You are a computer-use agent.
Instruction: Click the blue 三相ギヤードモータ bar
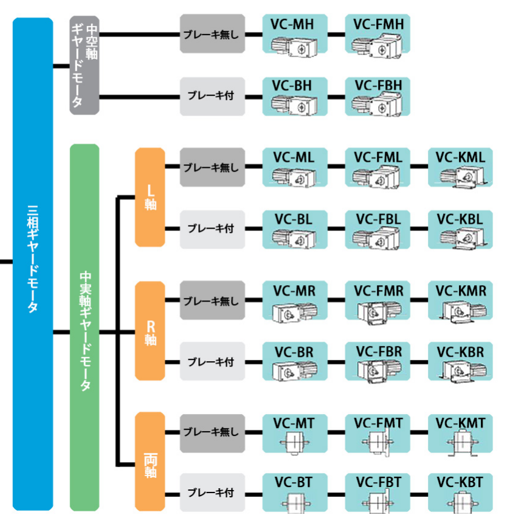click(x=33, y=264)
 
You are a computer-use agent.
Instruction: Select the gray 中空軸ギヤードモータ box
click(x=84, y=65)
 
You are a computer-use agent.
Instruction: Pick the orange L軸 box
click(x=150, y=197)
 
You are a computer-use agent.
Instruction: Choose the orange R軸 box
click(x=150, y=331)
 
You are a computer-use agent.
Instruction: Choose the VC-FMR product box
click(x=377, y=300)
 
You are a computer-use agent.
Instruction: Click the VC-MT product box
click(x=294, y=433)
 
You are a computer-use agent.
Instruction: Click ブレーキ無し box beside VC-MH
click(x=212, y=35)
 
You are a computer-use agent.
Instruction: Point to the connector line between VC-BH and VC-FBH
click(x=336, y=96)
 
